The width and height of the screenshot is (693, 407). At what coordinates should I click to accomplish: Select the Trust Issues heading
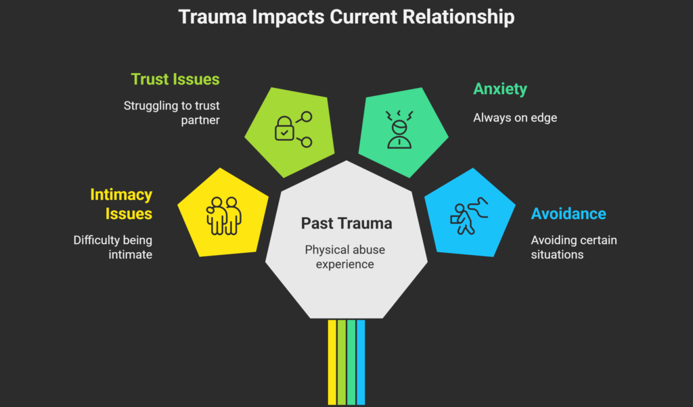[x=175, y=79]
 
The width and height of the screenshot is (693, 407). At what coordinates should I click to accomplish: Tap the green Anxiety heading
[x=500, y=89]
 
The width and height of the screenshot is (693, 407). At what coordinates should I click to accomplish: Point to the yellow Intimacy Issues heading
[x=121, y=204]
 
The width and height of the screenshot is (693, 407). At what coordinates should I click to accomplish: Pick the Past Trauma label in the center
[x=346, y=223]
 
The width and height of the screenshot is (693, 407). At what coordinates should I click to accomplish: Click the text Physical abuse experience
[x=346, y=257]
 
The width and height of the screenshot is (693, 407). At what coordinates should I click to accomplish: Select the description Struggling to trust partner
[x=172, y=113]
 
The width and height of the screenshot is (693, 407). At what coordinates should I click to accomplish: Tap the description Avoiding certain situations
[x=574, y=247]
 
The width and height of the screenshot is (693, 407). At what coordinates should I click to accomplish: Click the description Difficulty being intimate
[x=113, y=247]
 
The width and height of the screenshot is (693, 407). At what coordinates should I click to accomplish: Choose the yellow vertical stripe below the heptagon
[x=332, y=362]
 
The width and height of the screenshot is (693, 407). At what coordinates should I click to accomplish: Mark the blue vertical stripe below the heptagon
[x=361, y=362]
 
